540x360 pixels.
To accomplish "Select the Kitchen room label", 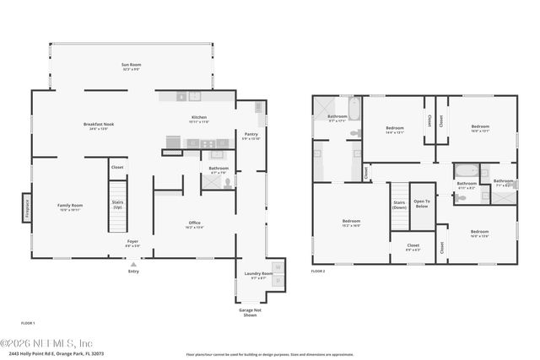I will (198, 120).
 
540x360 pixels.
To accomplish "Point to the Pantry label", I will (251, 135).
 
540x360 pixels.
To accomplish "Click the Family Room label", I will (70, 207).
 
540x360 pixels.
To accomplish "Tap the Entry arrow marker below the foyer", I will (132, 263).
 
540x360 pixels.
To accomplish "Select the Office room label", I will (194, 224).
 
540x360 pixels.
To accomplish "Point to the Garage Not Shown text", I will (250, 312).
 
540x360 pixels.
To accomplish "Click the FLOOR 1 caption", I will (29, 323).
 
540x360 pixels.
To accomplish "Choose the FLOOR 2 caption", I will (317, 271).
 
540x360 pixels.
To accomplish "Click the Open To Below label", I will (422, 203).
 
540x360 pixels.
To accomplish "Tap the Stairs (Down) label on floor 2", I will (399, 205).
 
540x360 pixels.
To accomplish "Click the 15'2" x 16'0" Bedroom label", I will (351, 223).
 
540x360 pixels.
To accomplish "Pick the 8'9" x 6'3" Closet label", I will (413, 248).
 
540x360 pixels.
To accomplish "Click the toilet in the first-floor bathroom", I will (229, 183).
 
